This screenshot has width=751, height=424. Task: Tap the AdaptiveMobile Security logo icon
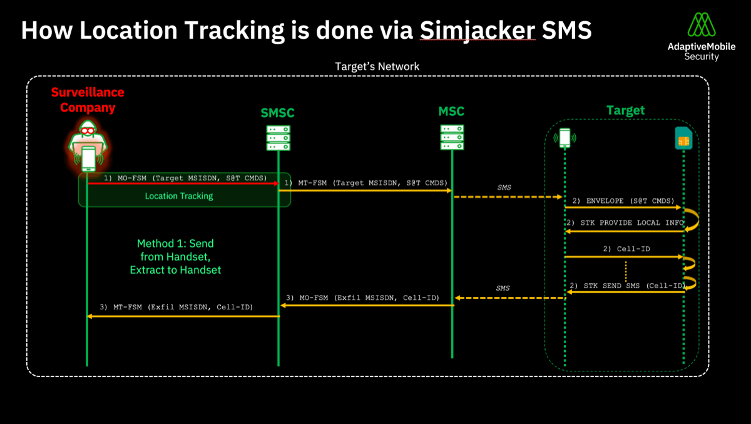[702, 24]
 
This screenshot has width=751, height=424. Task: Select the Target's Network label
[377, 66]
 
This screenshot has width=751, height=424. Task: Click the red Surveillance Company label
[88, 100]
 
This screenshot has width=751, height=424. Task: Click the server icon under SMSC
[278, 138]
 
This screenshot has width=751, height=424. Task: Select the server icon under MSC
[452, 137]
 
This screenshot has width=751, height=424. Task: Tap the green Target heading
[625, 111]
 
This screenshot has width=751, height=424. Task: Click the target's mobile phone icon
[565, 138]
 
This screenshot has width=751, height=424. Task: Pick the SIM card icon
[683, 138]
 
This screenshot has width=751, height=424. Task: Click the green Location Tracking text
[179, 196]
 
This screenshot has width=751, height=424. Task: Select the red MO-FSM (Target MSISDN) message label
[185, 178]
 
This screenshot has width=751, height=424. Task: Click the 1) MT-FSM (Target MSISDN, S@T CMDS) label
[366, 182]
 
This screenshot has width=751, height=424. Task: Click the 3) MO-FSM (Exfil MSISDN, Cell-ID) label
[362, 297]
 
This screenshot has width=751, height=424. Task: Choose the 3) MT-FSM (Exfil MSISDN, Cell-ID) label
[180, 308]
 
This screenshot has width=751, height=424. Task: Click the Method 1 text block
[176, 257]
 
